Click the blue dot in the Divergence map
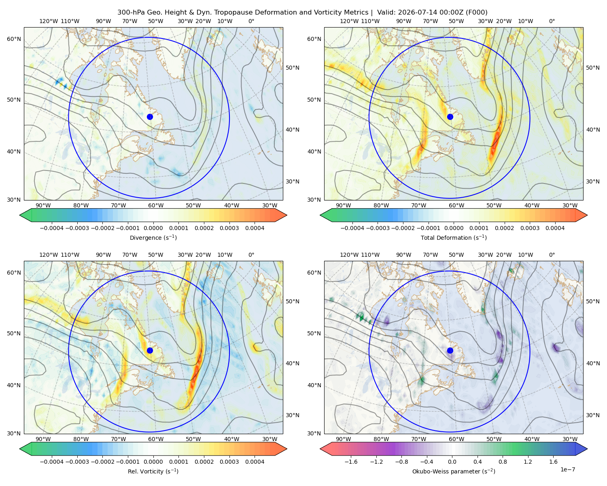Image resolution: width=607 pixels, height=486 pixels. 150,117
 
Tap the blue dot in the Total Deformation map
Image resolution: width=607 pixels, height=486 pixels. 450,117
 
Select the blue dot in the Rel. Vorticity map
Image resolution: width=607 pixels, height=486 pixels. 150,350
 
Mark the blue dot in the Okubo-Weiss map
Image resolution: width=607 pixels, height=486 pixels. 450,350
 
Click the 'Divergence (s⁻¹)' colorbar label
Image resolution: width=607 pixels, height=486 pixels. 153,237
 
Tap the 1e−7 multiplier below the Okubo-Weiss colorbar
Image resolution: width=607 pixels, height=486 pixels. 567,469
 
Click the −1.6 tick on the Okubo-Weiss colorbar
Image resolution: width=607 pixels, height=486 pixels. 351,462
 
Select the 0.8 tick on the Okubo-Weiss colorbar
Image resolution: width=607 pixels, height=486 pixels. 503,462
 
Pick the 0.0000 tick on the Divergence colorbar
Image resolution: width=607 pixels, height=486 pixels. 153,228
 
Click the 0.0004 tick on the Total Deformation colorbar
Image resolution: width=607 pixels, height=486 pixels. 555,228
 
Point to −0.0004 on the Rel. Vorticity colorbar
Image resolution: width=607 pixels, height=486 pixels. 52,462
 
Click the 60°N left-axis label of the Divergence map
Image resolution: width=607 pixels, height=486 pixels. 14,39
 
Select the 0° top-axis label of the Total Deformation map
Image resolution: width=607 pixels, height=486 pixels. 552,21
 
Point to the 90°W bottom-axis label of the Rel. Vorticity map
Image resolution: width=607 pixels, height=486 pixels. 43,439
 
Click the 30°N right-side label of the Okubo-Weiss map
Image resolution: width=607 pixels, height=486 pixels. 592,415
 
